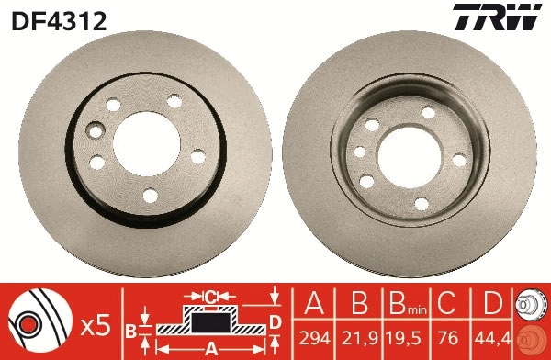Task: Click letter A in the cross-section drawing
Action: [x=211, y=348]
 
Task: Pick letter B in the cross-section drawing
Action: [x=132, y=330]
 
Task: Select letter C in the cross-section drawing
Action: [x=210, y=296]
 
